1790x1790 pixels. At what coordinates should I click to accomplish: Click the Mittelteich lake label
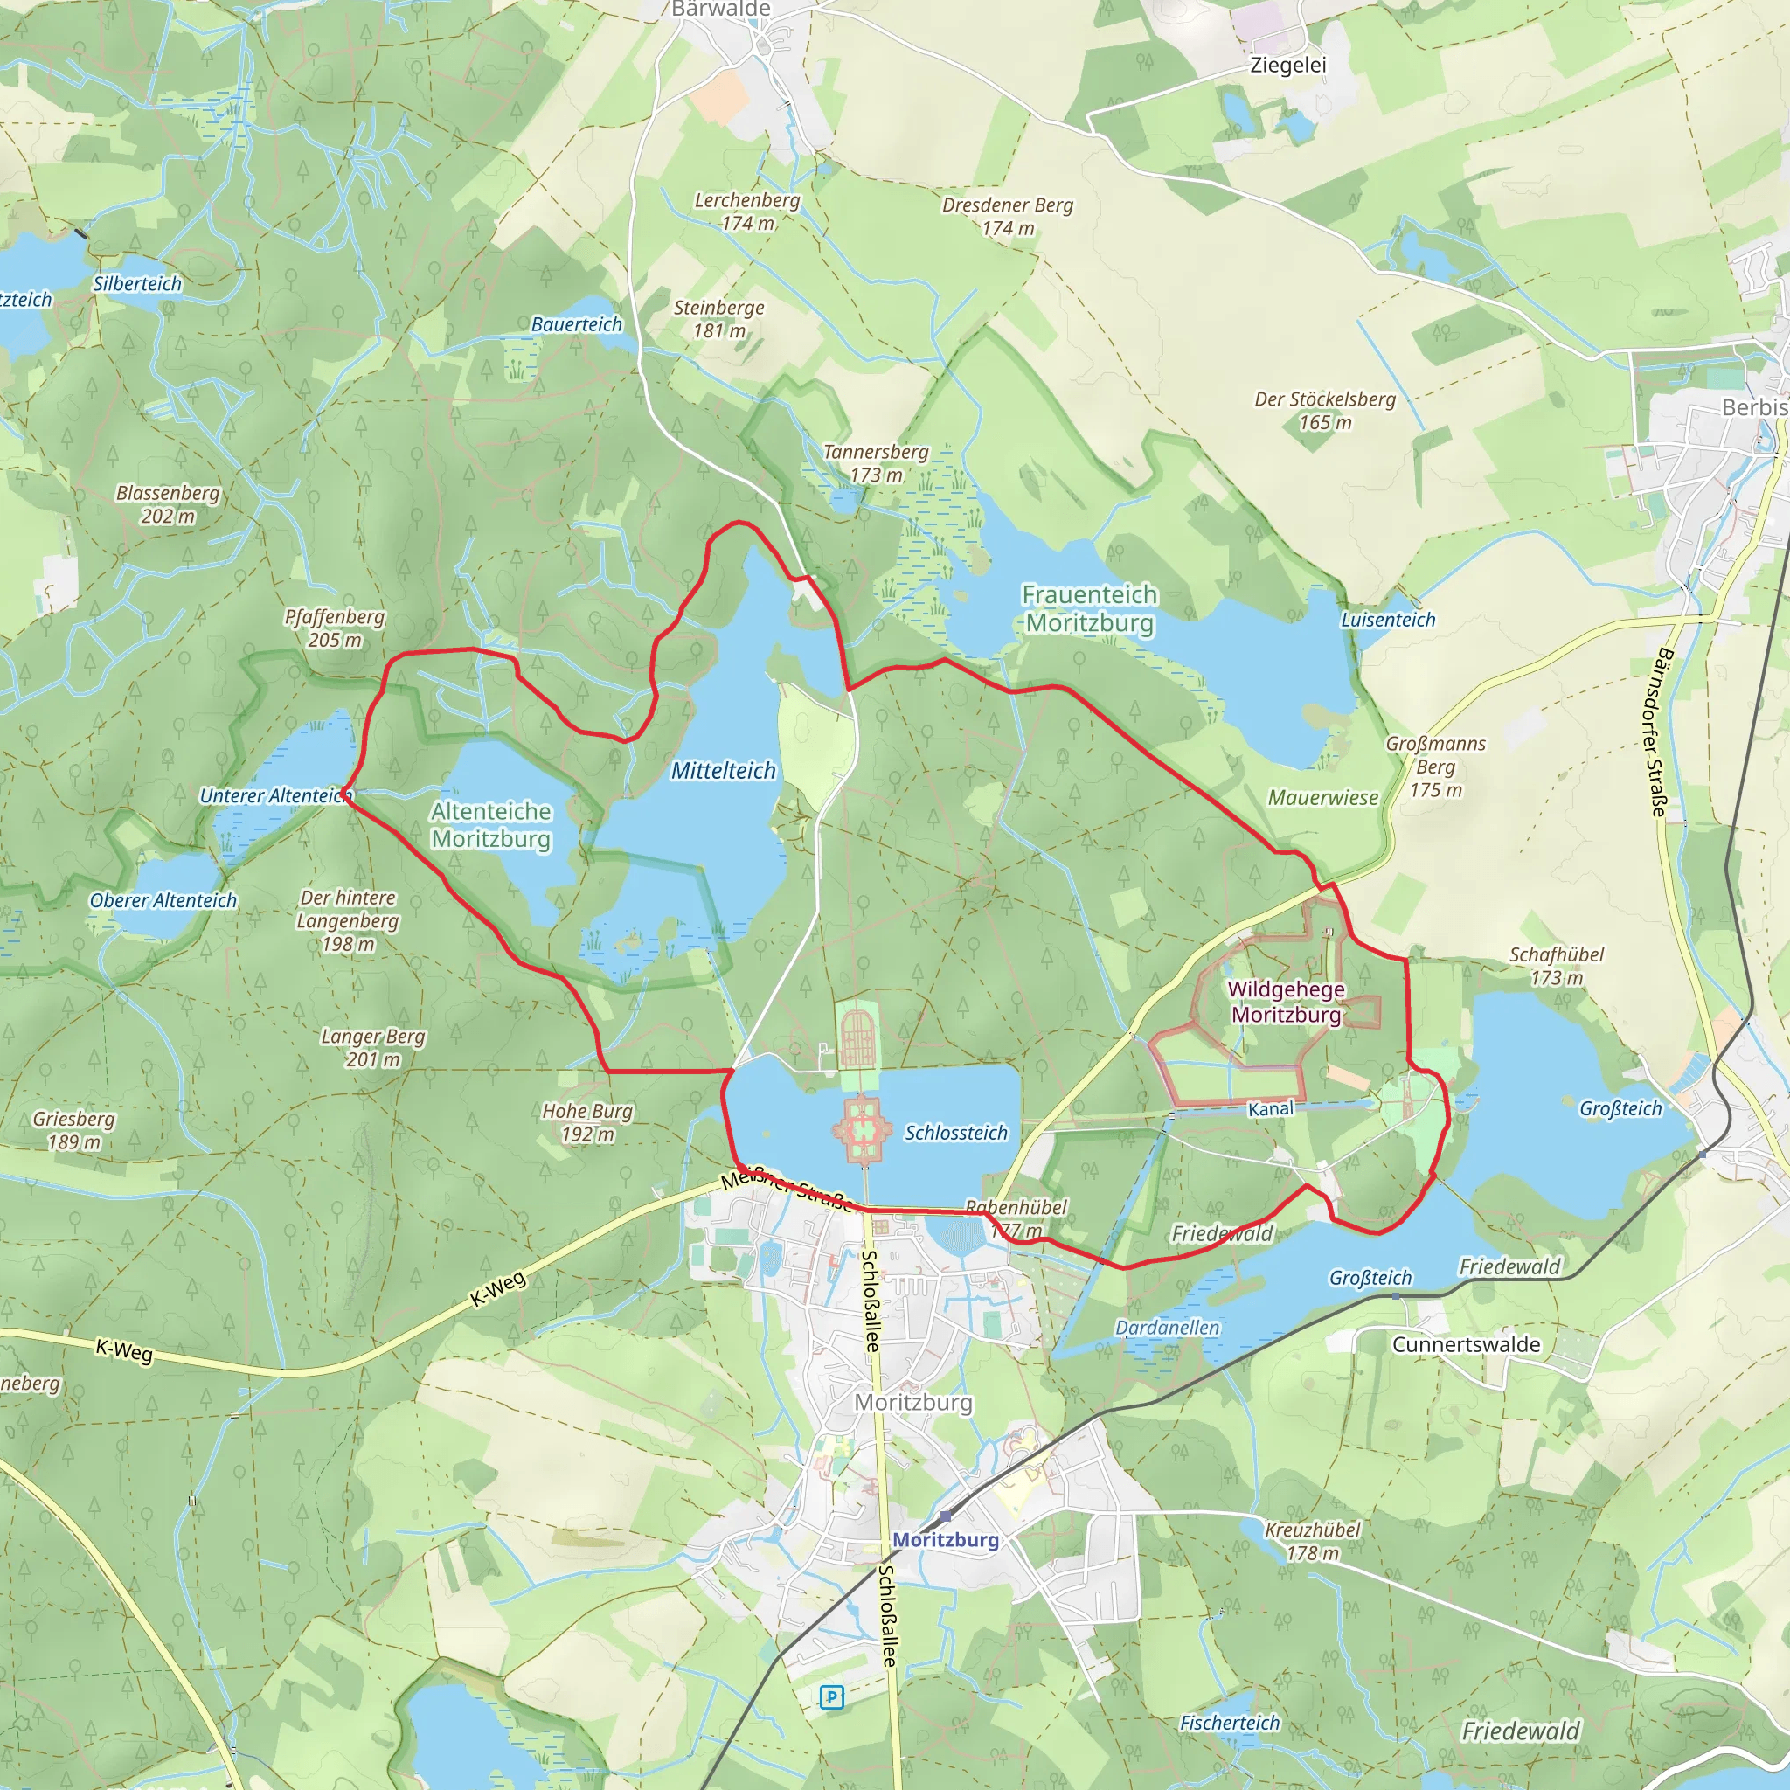coord(723,770)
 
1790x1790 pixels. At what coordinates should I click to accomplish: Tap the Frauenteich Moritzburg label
coord(1090,607)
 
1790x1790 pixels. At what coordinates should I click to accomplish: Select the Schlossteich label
coord(955,1132)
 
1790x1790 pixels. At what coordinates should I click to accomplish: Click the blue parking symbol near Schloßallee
coord(831,1696)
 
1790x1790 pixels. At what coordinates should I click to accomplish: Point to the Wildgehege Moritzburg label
coord(1286,1002)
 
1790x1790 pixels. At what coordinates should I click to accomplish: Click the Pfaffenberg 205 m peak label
coord(334,628)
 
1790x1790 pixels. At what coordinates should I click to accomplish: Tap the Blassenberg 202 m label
coord(168,504)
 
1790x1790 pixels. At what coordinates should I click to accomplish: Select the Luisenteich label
coord(1388,620)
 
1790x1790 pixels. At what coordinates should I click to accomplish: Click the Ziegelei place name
coord(1287,65)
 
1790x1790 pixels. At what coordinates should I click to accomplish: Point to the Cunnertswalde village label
coord(1466,1344)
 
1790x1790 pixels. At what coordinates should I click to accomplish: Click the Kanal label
coord(1270,1109)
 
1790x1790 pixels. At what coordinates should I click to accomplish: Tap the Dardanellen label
coord(1168,1328)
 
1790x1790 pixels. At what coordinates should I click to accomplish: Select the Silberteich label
coord(137,283)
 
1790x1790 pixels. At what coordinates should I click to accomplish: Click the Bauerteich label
coord(576,324)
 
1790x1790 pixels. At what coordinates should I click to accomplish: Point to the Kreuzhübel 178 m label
coord(1312,1541)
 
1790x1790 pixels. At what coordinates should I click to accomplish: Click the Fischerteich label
coord(1230,1723)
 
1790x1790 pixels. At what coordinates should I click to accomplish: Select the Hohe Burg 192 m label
coord(587,1122)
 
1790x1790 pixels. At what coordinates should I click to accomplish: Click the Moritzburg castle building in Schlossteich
coord(863,1129)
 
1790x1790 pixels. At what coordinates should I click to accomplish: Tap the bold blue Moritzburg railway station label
coord(945,1539)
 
